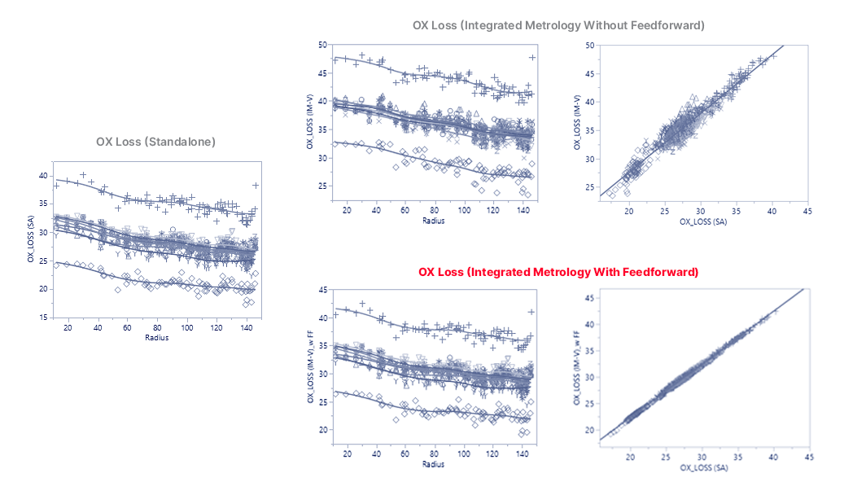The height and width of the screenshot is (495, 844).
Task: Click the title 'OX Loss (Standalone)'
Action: point(155,141)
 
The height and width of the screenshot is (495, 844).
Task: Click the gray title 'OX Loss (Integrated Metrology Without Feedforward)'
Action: point(558,25)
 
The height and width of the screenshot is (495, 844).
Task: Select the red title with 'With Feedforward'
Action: point(558,272)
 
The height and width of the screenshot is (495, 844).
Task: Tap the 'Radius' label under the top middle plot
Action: point(434,221)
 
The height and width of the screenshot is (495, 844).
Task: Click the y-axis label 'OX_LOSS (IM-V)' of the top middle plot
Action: point(311,120)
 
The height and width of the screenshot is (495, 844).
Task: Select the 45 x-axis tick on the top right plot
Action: point(807,211)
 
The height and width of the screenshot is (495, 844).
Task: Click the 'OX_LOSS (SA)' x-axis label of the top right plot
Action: point(702,221)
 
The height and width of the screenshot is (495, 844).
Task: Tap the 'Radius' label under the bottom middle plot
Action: point(434,465)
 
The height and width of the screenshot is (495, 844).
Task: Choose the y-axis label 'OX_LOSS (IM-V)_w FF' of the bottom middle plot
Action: point(311,366)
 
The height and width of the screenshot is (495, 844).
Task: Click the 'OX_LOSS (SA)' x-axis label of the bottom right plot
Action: point(702,467)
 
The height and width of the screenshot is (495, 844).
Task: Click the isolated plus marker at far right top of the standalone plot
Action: point(256,186)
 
